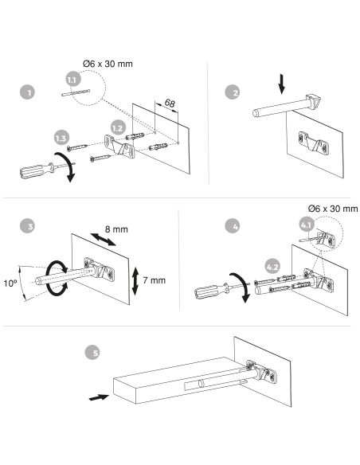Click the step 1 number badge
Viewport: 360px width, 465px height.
coord(28,92)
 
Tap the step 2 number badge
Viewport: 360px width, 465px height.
coord(233,92)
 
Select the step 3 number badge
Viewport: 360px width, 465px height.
coord(27,226)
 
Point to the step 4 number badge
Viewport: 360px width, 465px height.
coord(233,226)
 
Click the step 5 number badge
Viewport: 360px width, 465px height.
coord(92,352)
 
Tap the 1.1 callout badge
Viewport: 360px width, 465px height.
coord(73,79)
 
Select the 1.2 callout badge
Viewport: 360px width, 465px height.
coord(118,128)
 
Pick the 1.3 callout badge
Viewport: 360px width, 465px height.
coord(61,138)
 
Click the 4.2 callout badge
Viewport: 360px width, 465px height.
coord(272,267)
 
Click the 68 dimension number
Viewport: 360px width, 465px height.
coord(170,104)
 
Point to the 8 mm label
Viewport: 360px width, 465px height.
coord(116,229)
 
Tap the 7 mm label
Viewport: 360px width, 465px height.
coord(154,280)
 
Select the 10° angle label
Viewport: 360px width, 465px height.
coord(10,283)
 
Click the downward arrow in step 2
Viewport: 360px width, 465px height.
coord(282,84)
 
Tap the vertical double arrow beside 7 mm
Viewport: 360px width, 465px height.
coord(135,281)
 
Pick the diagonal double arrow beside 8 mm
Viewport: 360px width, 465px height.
coord(104,240)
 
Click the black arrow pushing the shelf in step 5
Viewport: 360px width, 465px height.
coord(99,397)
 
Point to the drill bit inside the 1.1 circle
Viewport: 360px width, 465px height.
coord(76,92)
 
